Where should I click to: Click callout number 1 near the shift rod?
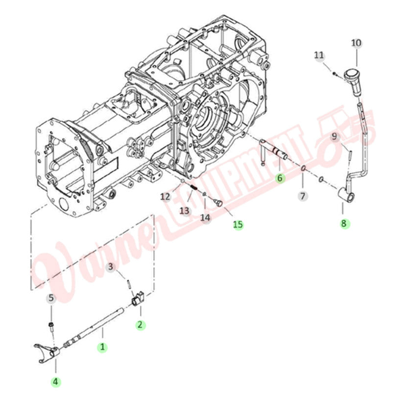click(102, 347)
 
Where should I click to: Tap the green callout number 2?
click(140, 324)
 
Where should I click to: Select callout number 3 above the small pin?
click(111, 267)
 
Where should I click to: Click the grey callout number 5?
click(51, 297)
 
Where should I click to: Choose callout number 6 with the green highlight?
click(280, 178)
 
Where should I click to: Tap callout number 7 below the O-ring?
click(302, 196)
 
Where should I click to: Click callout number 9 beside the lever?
click(335, 137)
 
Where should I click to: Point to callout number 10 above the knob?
click(356, 43)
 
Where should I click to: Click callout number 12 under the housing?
click(165, 196)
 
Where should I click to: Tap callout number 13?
click(184, 211)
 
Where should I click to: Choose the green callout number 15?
click(238, 224)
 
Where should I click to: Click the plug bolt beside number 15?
click(218, 202)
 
